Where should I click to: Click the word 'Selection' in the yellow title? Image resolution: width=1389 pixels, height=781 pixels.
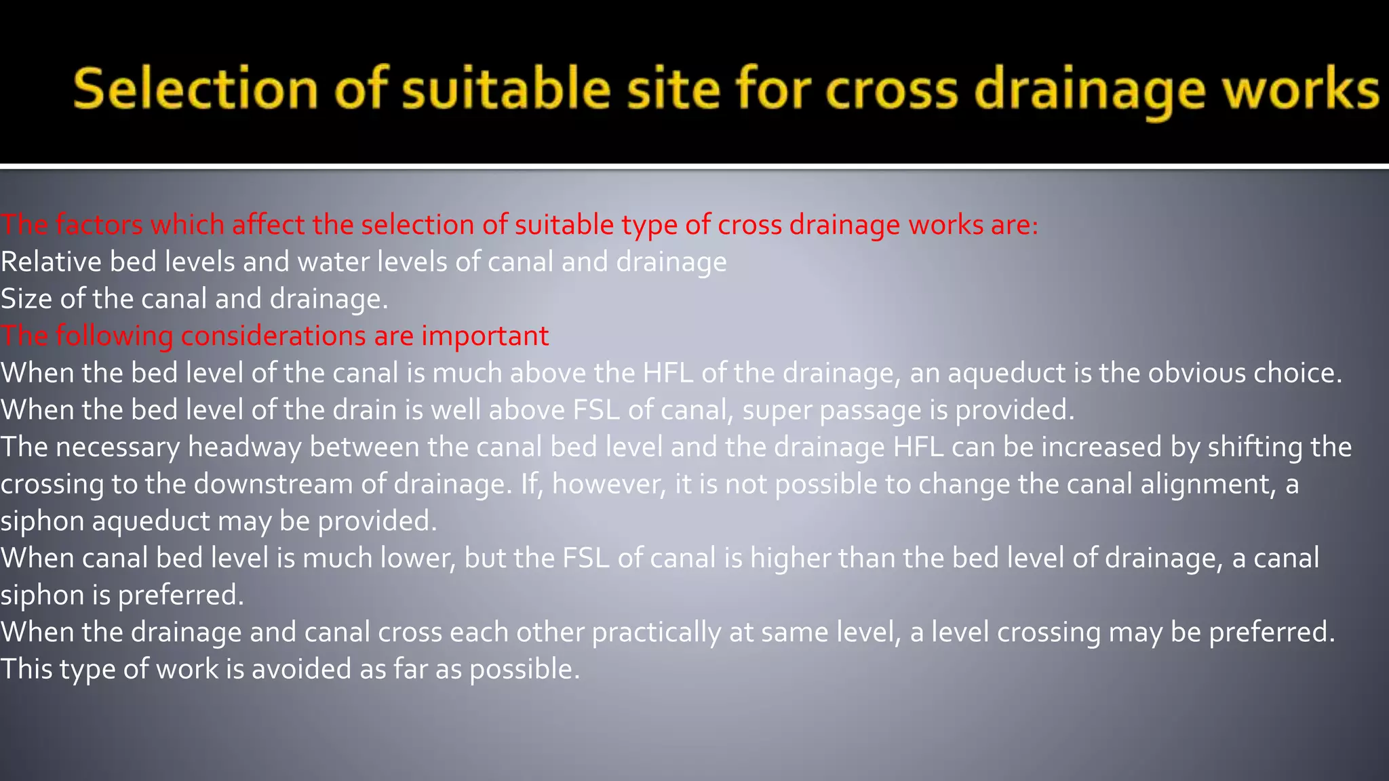click(x=195, y=89)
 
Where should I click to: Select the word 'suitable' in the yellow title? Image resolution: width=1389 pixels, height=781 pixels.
click(x=506, y=89)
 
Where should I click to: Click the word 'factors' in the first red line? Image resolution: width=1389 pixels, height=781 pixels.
click(x=99, y=225)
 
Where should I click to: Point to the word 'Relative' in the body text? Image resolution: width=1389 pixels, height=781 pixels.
click(x=51, y=262)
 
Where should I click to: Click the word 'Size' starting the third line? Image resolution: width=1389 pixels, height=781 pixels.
click(x=26, y=299)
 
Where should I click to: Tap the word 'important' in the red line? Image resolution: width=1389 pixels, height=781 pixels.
click(x=485, y=336)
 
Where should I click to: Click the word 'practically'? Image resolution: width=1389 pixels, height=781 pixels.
click(x=656, y=632)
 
